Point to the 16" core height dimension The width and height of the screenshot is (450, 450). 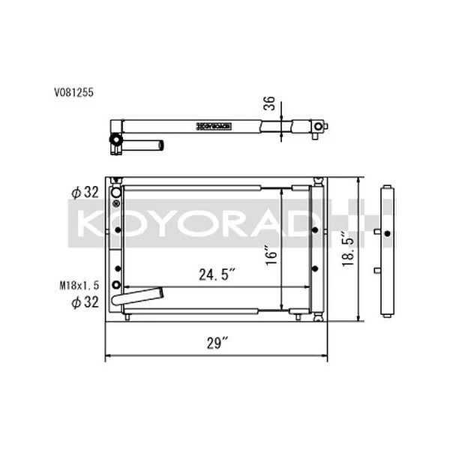(271, 255)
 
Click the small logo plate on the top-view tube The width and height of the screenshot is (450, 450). (216, 124)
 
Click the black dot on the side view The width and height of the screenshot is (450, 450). (386, 235)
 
